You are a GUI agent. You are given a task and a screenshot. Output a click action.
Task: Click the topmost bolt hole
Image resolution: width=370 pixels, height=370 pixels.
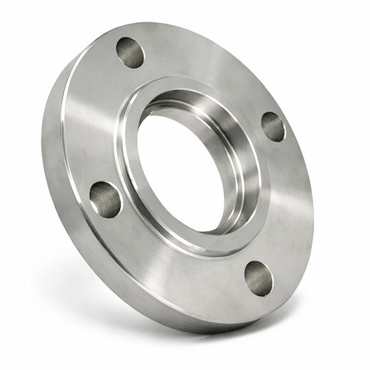coord(130,52)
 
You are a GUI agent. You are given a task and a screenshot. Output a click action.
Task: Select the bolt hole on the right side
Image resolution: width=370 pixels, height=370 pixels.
coord(273,126)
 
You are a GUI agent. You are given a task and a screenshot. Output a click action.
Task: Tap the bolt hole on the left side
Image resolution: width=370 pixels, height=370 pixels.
coord(105,199)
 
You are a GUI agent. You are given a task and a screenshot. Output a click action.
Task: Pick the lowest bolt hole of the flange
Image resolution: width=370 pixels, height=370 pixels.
coord(258,277)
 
